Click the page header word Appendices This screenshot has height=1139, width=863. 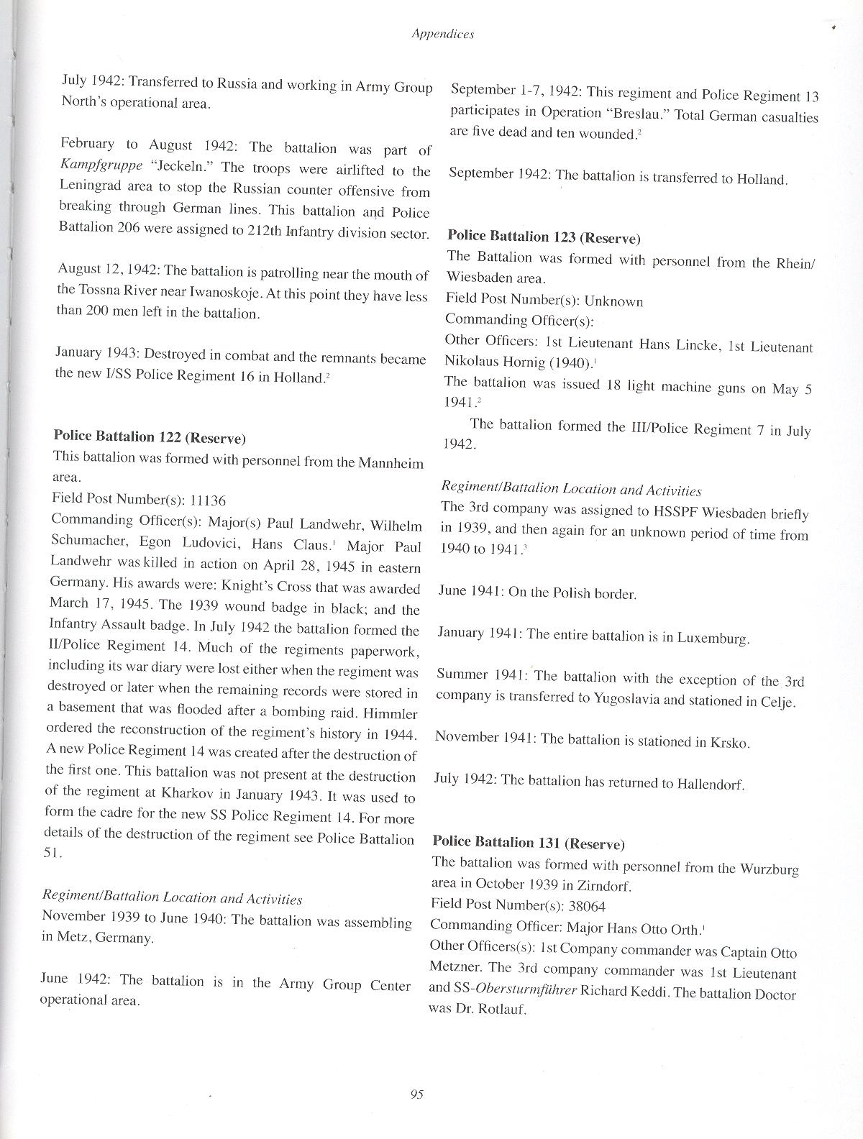click(x=442, y=33)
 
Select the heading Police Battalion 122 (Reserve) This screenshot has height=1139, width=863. click(x=150, y=437)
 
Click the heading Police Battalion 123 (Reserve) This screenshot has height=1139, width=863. click(x=544, y=237)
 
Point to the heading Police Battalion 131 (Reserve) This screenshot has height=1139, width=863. click(x=529, y=843)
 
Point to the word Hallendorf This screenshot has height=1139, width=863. click(x=709, y=784)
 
